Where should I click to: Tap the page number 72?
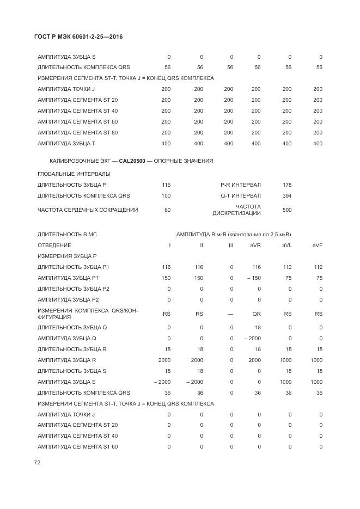point(38,462)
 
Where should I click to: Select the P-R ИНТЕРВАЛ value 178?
point(287,185)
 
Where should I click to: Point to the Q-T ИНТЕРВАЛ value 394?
point(287,196)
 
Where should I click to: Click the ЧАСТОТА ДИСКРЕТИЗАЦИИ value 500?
point(287,210)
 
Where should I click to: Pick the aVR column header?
point(255,246)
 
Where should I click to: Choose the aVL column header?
point(286,246)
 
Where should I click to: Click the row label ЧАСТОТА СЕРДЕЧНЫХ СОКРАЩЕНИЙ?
point(88,210)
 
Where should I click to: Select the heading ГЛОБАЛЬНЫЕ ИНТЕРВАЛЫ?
point(74,174)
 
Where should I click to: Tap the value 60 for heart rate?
point(167,210)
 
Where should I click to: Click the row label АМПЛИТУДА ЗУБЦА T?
point(66,144)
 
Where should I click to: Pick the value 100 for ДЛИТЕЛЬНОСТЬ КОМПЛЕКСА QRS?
point(166,196)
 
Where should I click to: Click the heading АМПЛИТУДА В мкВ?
point(196,235)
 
